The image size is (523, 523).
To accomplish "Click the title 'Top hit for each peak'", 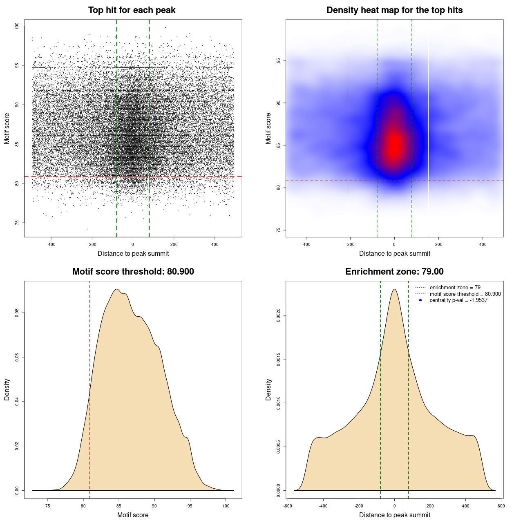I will [x=132, y=10].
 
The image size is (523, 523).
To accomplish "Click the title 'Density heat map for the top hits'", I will [x=394, y=10].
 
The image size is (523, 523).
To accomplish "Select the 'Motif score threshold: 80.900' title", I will [x=133, y=272].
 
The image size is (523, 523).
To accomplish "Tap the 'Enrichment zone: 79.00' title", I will [x=394, y=272].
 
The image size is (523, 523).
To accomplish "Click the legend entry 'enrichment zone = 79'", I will [x=455, y=288].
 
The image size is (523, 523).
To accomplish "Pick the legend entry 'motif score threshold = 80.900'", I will [x=465, y=294].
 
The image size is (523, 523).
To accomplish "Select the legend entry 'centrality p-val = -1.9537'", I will [x=458, y=300].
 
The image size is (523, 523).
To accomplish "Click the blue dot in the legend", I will [x=420, y=300].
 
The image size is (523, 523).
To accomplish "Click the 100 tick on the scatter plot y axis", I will [x=17, y=26].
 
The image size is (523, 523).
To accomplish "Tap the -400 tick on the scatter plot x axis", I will [x=51, y=244].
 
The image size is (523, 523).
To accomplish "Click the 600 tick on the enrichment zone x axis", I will [x=501, y=506].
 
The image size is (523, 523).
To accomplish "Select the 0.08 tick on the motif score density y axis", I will [x=17, y=313].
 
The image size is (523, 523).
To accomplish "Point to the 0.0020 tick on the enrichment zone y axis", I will [x=278, y=315].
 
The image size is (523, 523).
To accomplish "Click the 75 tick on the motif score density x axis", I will [x=48, y=506].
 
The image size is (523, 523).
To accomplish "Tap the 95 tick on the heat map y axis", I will [x=278, y=60].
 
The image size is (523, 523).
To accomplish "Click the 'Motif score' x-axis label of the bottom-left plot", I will [x=133, y=515].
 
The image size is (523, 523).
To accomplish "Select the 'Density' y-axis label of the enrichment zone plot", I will [x=268, y=389].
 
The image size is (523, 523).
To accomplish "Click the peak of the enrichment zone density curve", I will [x=394, y=289].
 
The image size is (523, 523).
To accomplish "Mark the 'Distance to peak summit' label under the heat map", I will [x=394, y=253].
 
